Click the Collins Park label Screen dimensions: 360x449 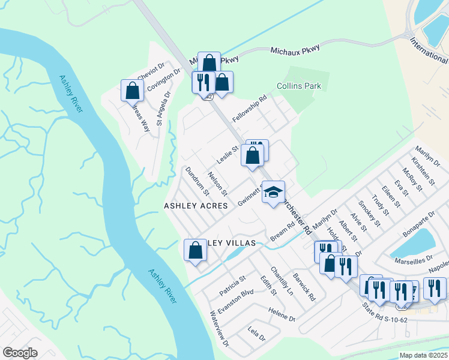click(x=298, y=86)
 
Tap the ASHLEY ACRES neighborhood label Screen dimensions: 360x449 click(x=196, y=206)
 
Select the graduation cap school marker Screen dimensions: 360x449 click(x=273, y=193)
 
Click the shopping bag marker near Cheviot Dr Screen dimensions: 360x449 click(x=133, y=91)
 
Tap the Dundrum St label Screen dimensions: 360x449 click(x=197, y=181)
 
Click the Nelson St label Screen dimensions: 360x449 click(x=217, y=184)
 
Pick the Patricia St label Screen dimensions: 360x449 click(x=232, y=285)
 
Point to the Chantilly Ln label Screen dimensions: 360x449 click(x=282, y=281)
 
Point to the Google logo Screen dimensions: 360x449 click(x=20, y=353)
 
